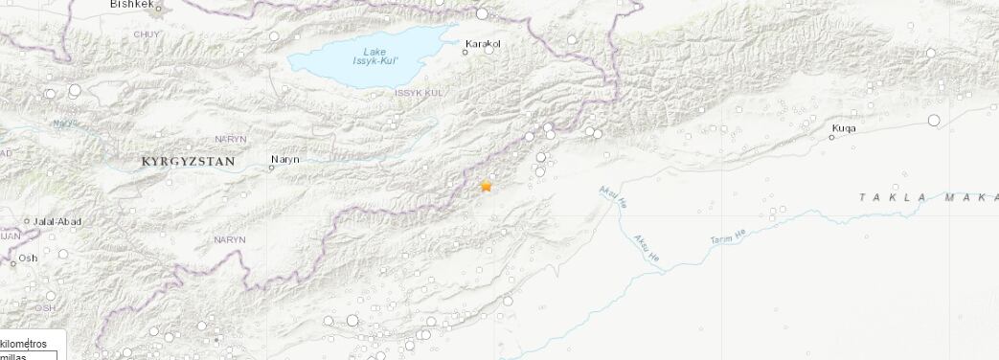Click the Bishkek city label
[131, 5]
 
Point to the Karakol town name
[483, 43]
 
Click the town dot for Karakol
[465, 52]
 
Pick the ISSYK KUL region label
[419, 93]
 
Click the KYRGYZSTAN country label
[188, 162]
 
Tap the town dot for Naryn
[272, 168]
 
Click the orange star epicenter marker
[487, 186]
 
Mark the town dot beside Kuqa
[831, 138]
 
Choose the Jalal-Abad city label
[57, 222]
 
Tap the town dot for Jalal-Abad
[28, 221]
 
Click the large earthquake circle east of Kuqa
[934, 120]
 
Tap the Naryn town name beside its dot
[285, 160]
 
